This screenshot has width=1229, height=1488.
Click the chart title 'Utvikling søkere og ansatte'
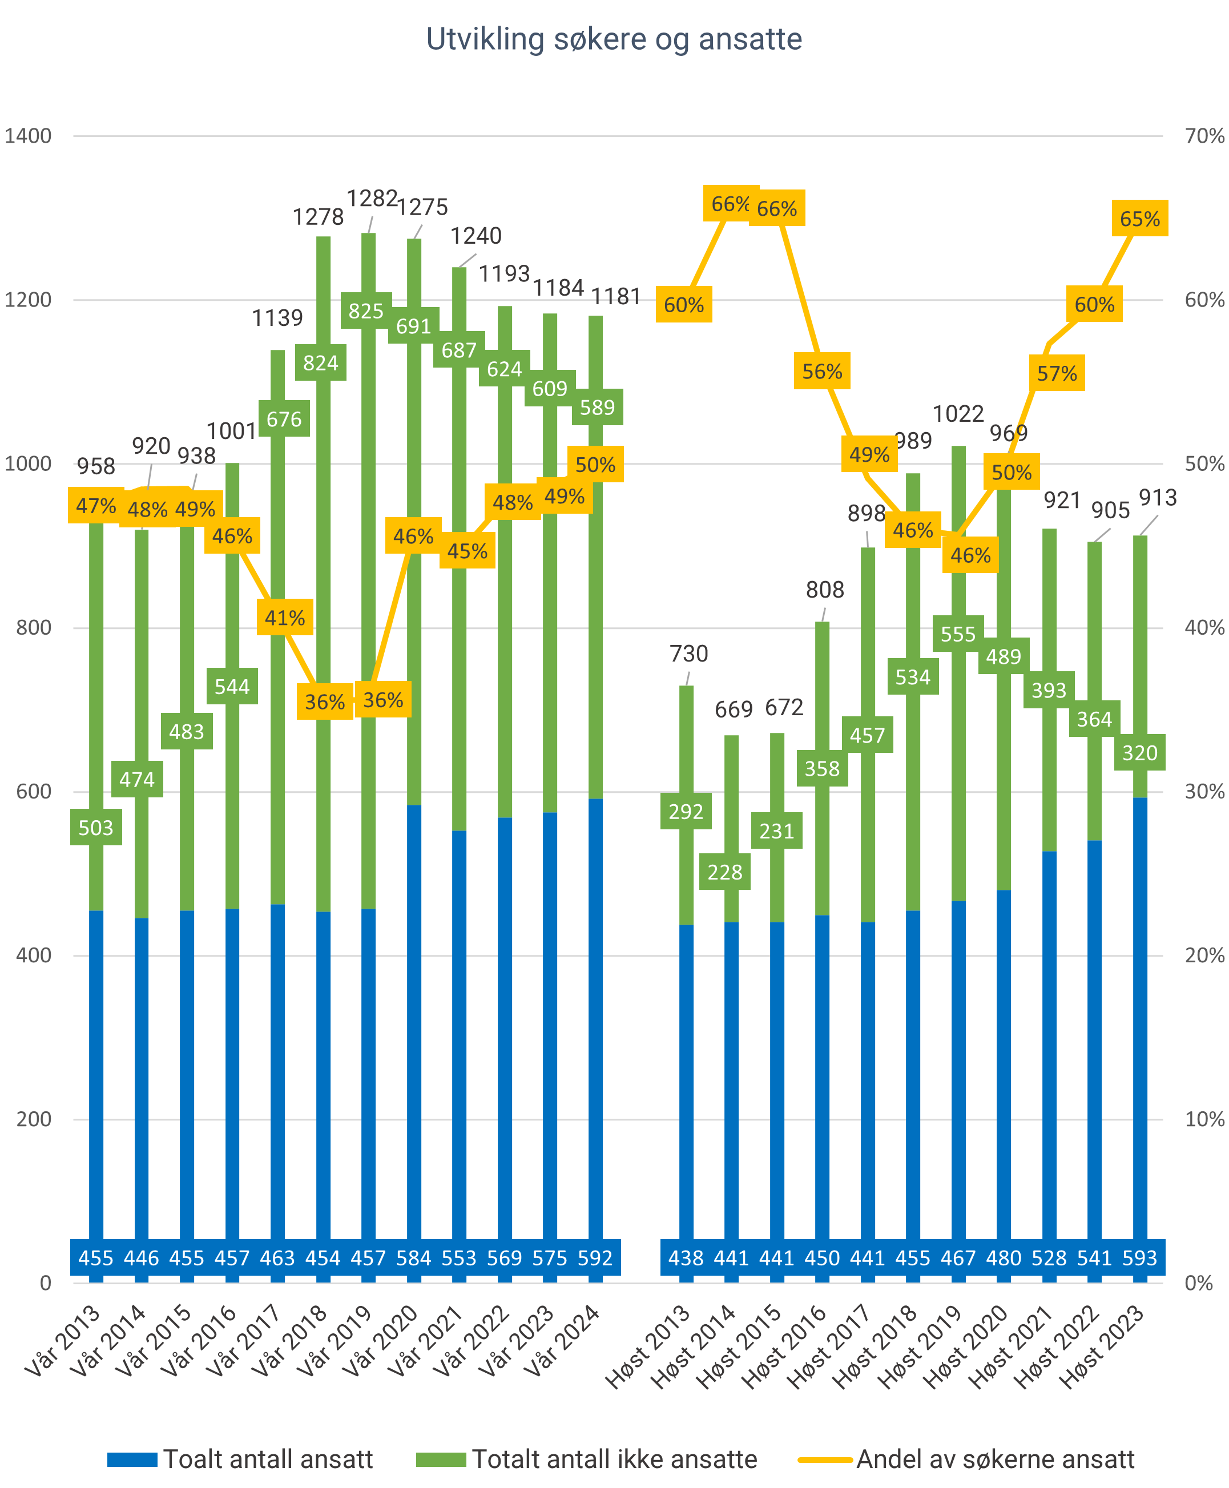click(614, 39)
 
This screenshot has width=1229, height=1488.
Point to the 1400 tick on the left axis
click(29, 136)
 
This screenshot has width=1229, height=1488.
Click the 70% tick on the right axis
click(1203, 136)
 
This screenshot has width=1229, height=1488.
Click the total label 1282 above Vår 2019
click(372, 199)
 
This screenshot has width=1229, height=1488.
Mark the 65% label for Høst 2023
click(1139, 219)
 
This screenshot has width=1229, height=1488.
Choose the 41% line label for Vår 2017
click(285, 618)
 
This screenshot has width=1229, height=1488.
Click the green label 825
click(366, 310)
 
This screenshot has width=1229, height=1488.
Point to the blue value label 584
click(413, 1258)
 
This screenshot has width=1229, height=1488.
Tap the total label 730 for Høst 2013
click(688, 654)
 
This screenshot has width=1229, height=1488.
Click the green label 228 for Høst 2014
click(725, 872)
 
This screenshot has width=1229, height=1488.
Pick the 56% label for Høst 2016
click(822, 372)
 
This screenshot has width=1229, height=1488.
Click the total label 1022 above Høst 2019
click(958, 414)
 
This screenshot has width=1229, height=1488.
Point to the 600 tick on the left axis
click(34, 792)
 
